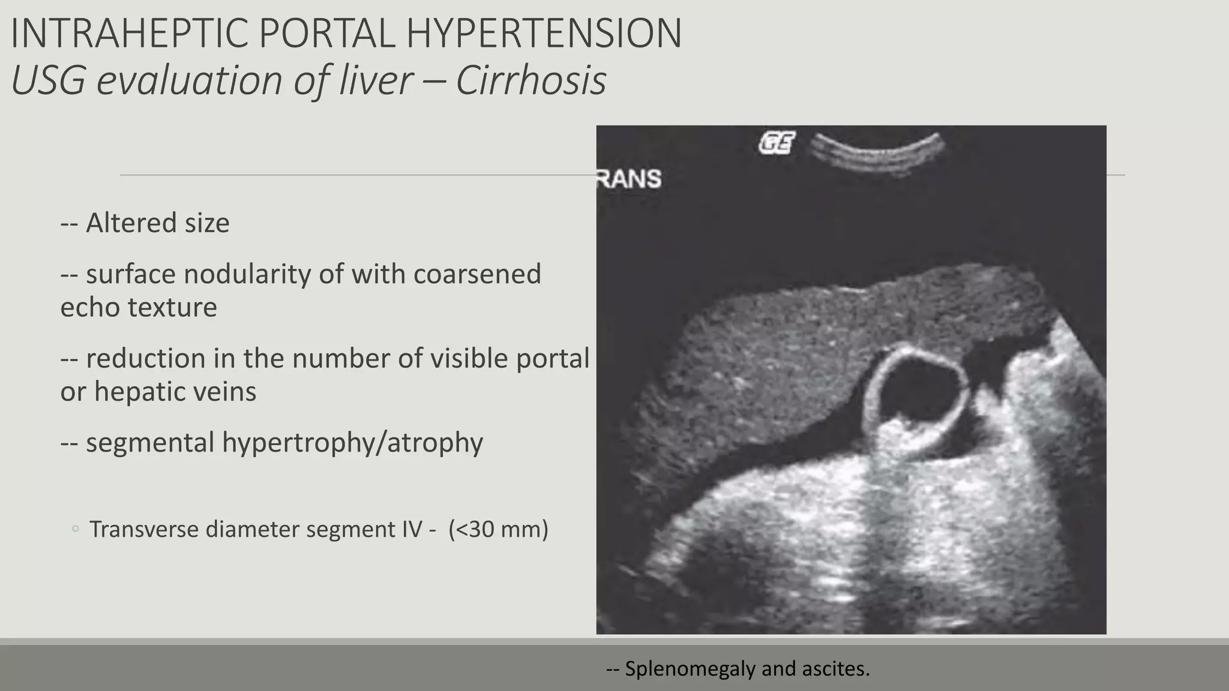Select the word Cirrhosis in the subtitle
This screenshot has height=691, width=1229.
tap(530, 80)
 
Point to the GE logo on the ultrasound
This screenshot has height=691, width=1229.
tap(777, 143)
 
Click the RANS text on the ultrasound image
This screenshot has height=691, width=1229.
tap(629, 179)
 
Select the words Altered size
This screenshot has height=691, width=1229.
tap(157, 223)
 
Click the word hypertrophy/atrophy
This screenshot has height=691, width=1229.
tap(352, 443)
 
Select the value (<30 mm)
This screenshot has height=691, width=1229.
tap(498, 529)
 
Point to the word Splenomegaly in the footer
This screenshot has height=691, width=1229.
tap(690, 668)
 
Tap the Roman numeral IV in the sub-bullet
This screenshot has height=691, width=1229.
tap(412, 529)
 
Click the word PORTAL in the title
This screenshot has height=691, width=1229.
tap(327, 34)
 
